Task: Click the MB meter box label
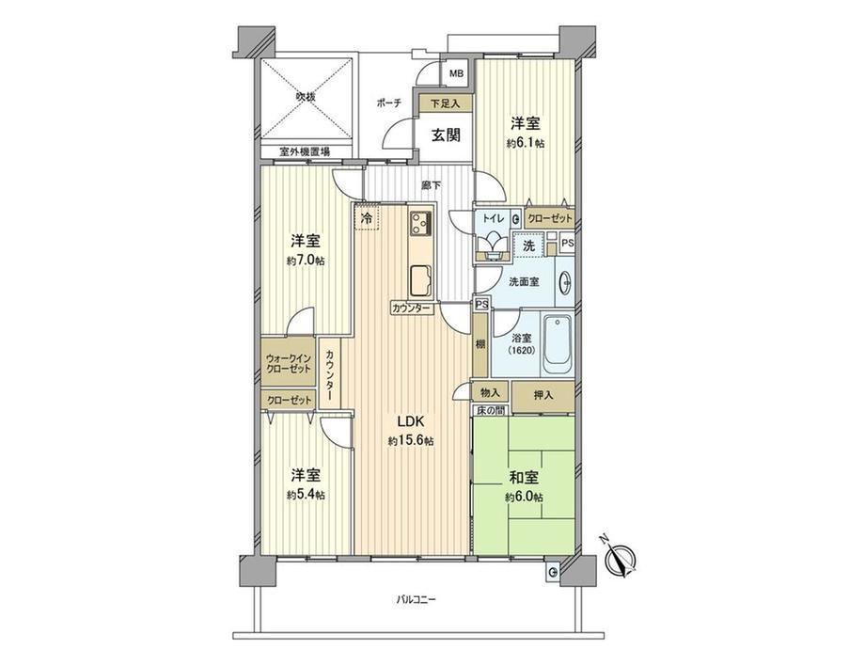(456, 73)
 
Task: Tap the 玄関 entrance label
(445, 135)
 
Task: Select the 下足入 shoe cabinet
(445, 103)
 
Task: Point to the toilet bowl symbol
(493, 243)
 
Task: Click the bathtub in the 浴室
(558, 344)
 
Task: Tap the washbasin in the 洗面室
(565, 284)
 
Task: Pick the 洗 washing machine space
(529, 246)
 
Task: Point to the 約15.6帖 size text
(411, 441)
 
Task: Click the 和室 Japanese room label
(524, 478)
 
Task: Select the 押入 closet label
(543, 395)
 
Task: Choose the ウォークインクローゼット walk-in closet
(289, 363)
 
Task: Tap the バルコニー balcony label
(416, 599)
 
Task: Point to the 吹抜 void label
(305, 97)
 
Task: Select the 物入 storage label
(490, 393)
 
